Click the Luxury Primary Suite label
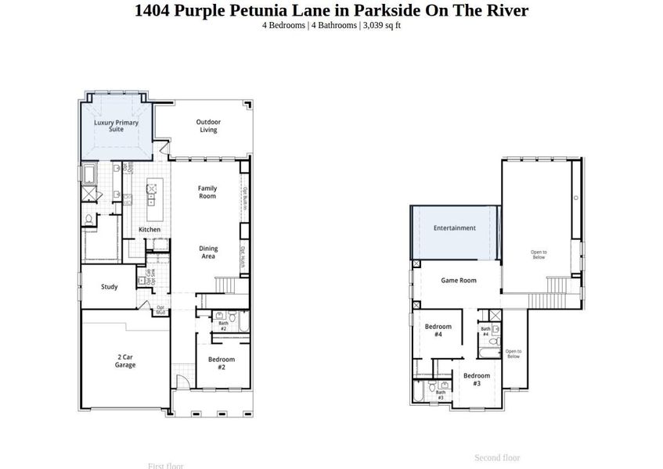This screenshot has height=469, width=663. click(116, 126)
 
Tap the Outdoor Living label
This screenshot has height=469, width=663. click(208, 126)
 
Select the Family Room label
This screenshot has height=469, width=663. click(207, 192)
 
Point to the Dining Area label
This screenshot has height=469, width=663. click(208, 252)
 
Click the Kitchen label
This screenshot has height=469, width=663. click(150, 230)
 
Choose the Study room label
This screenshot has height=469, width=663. click(110, 287)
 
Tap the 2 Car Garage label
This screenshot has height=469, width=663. click(125, 361)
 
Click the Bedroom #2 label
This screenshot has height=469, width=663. click(222, 363)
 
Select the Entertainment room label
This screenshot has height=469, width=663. click(455, 228)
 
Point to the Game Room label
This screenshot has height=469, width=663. click(459, 281)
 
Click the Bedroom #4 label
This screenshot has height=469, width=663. click(438, 330)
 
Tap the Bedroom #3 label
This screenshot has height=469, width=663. click(477, 379)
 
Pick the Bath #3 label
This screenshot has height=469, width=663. click(441, 396)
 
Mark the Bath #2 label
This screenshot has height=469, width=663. click(223, 326)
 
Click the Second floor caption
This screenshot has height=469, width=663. click(497, 458)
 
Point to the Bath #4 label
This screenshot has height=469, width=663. click(485, 331)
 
